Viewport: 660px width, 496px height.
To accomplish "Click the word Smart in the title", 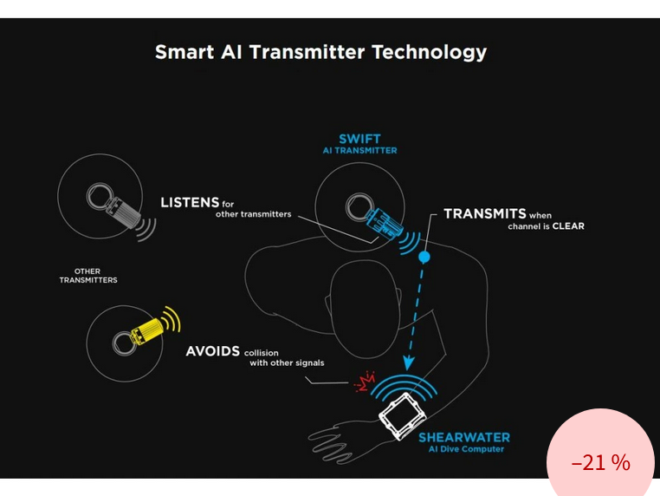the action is (x=184, y=52).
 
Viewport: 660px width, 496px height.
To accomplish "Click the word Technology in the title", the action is (x=430, y=53).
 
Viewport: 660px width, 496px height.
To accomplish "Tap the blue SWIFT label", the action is (x=360, y=139).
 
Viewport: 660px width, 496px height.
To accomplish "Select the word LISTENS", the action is (x=190, y=203).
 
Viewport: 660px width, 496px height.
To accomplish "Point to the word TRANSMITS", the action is (x=485, y=213).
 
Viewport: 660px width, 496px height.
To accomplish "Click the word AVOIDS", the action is (x=212, y=351).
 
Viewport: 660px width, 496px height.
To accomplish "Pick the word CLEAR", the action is (x=568, y=226).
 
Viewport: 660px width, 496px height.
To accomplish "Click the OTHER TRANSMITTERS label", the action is (x=88, y=276).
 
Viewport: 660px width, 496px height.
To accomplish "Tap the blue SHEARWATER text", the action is (x=464, y=437).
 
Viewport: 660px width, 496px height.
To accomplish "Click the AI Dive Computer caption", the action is (x=466, y=449).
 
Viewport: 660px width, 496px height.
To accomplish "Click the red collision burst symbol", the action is (x=365, y=382).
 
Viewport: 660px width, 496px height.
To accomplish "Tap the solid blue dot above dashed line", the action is (x=424, y=257).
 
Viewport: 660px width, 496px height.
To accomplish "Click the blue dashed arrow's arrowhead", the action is (x=408, y=363).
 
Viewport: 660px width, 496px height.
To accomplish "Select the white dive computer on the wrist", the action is (x=403, y=415).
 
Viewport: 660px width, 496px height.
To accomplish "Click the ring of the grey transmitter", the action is (x=100, y=196).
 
